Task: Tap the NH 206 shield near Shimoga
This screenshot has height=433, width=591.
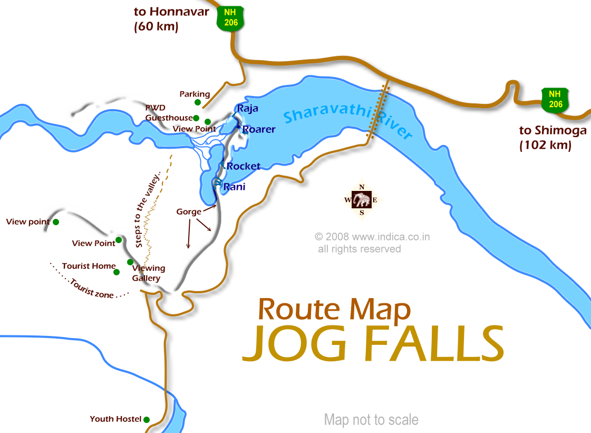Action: pyautogui.click(x=555, y=99)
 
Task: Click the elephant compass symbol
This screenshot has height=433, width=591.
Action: pyautogui.click(x=362, y=200)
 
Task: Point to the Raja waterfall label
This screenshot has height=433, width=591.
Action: pyautogui.click(x=247, y=109)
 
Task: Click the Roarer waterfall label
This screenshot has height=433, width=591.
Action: pyautogui.click(x=258, y=129)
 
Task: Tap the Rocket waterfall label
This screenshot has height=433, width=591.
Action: pyautogui.click(x=243, y=166)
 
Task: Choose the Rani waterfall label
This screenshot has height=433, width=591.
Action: pyautogui.click(x=234, y=187)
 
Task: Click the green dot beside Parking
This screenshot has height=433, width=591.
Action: pyautogui.click(x=198, y=102)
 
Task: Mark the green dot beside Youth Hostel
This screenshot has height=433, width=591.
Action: pyautogui.click(x=147, y=420)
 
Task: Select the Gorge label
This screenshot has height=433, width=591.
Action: pyautogui.click(x=188, y=211)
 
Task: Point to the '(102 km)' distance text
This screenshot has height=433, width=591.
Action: pyautogui.click(x=545, y=146)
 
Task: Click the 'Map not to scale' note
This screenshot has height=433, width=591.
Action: pyautogui.click(x=371, y=420)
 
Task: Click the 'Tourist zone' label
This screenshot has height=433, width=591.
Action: pyautogui.click(x=91, y=289)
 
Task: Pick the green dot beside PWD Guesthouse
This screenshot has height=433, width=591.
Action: pyautogui.click(x=196, y=118)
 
